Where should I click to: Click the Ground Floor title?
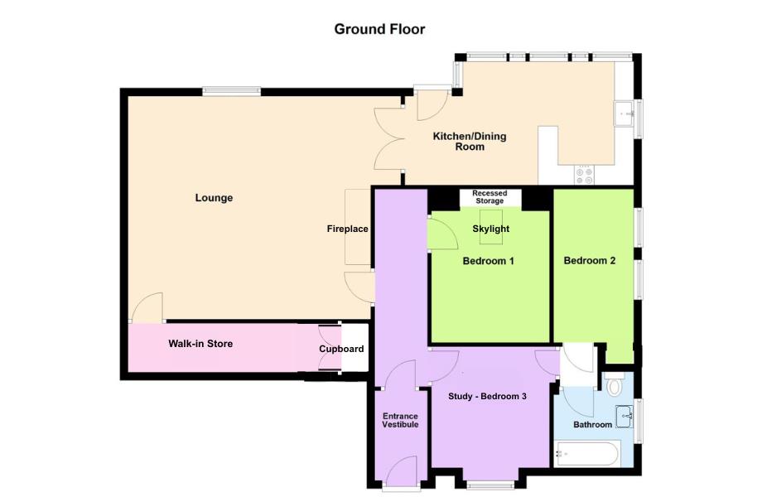(x=379, y=30)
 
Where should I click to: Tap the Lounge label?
(x=214, y=198)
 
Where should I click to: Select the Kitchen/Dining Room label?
(x=470, y=142)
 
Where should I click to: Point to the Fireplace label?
(x=347, y=229)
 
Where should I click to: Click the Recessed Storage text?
(x=490, y=197)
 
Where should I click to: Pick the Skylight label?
(x=491, y=229)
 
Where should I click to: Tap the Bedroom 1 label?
(x=489, y=262)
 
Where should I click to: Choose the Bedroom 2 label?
(x=590, y=261)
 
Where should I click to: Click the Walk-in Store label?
(x=200, y=344)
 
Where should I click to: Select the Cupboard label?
(x=341, y=350)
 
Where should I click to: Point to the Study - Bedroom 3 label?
(x=487, y=397)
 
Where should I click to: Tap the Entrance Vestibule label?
(x=400, y=420)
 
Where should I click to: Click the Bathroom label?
(x=592, y=425)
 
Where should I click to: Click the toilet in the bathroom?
(x=615, y=384)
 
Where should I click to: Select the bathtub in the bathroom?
(x=586, y=454)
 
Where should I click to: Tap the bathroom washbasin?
(x=624, y=417)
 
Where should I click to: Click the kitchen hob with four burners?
(x=584, y=175)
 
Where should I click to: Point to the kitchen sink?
(x=623, y=113)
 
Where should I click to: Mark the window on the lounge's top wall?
(x=231, y=91)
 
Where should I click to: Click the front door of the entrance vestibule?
(x=403, y=474)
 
